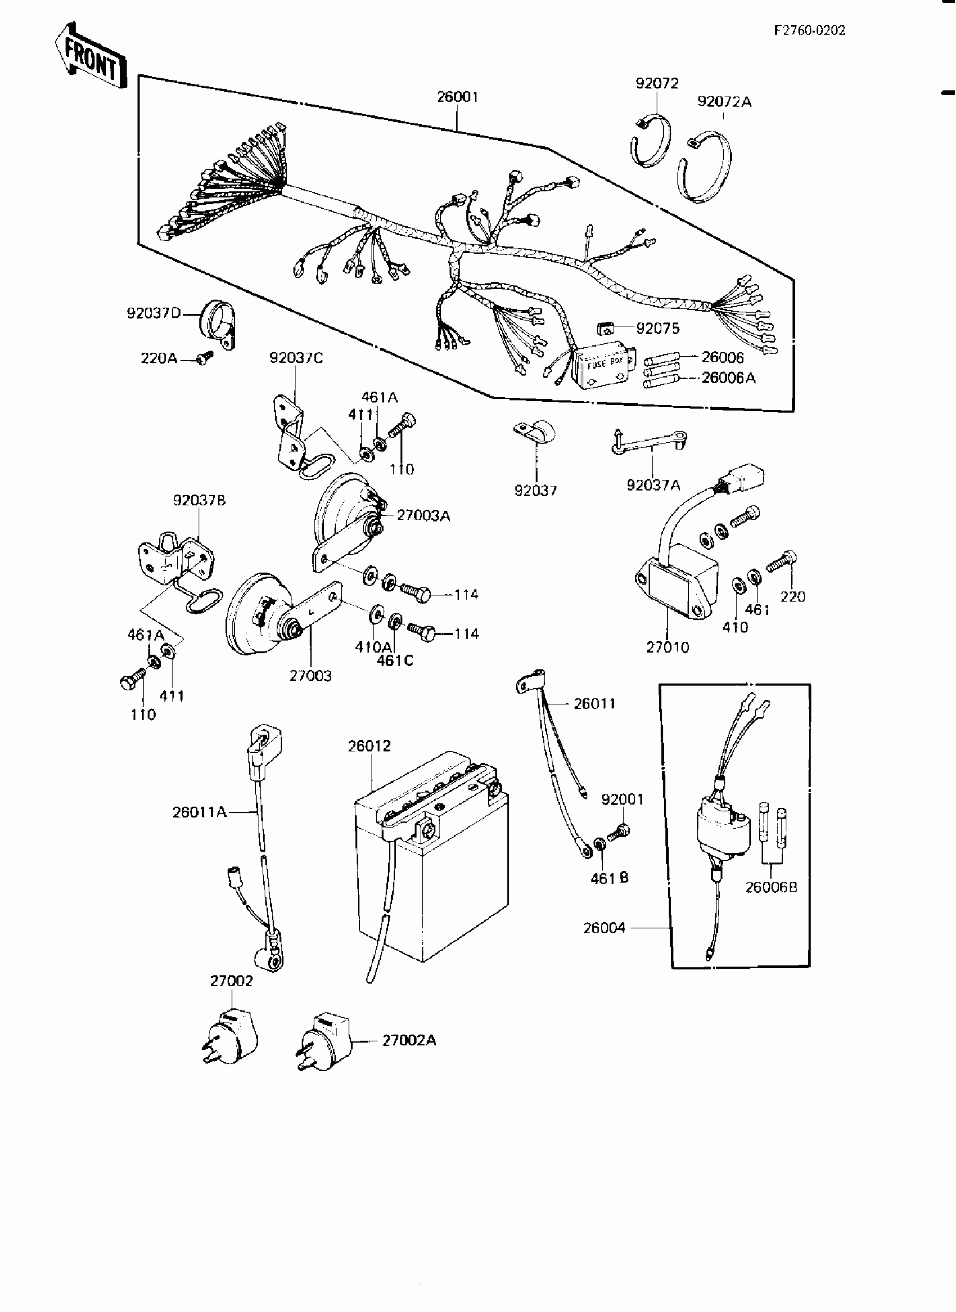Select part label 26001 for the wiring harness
coord(457,97)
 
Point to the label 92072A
coord(724,102)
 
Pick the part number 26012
coord(369,746)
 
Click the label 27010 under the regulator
coord(668,648)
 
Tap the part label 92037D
coord(154,313)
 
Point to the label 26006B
coord(771,888)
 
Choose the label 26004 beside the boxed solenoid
coord(603,928)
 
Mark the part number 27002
coord(232,981)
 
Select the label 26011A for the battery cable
coord(199,812)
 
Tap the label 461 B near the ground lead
coord(609,879)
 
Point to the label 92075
coord(657,329)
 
